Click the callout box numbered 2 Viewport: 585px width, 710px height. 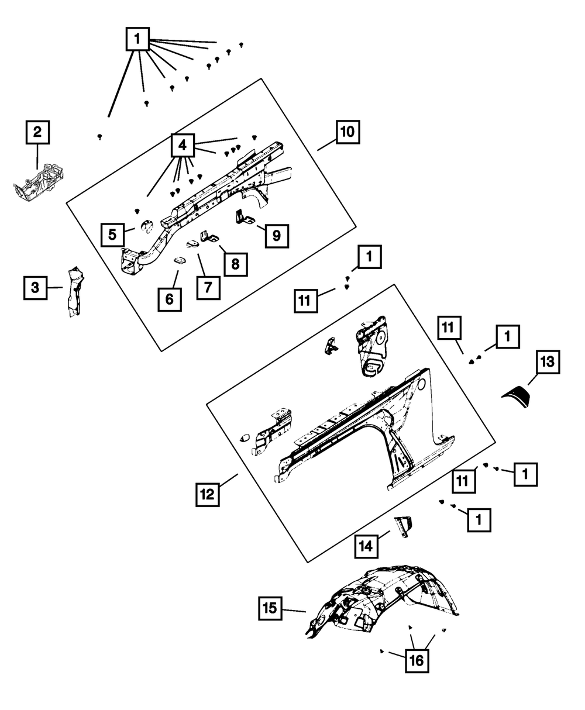[37, 132]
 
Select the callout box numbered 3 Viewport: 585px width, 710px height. [35, 288]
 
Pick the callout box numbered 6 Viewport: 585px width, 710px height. [169, 299]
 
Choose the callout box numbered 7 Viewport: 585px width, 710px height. [208, 287]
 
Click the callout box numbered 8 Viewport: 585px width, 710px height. [235, 264]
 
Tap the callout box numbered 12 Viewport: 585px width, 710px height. [208, 495]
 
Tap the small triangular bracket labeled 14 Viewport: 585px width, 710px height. [402, 525]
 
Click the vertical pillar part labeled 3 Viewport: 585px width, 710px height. [74, 292]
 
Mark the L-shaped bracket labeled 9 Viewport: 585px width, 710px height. [245, 216]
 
